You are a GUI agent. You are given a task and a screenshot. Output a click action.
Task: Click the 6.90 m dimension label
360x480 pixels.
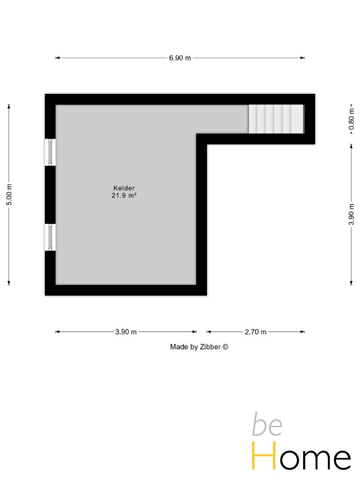180,58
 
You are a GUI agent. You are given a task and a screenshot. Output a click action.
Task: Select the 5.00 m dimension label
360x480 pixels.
9,194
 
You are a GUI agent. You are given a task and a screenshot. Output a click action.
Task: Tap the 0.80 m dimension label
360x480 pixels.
351,119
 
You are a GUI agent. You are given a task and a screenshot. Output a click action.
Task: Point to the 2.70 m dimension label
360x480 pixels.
255,332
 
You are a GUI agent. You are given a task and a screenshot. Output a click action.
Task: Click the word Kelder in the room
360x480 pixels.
124,188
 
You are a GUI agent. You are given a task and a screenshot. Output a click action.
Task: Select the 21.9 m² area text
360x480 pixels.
124,195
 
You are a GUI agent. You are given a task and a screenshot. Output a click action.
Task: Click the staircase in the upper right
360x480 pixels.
276,119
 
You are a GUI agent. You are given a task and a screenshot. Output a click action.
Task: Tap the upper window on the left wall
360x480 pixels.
50,152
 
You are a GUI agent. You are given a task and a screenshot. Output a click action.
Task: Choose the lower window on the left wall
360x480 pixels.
50,237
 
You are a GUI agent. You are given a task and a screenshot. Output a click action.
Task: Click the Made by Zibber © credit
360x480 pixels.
199,347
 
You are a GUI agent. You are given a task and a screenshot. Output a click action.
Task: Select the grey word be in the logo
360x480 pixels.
267,425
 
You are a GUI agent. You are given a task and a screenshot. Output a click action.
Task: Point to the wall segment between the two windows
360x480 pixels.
50,195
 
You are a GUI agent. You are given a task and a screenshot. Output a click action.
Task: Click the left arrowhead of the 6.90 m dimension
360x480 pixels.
57,58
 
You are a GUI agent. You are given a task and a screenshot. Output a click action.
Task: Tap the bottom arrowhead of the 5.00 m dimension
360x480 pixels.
9,284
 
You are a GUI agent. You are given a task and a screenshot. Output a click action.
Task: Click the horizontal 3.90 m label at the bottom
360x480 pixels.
126,332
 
